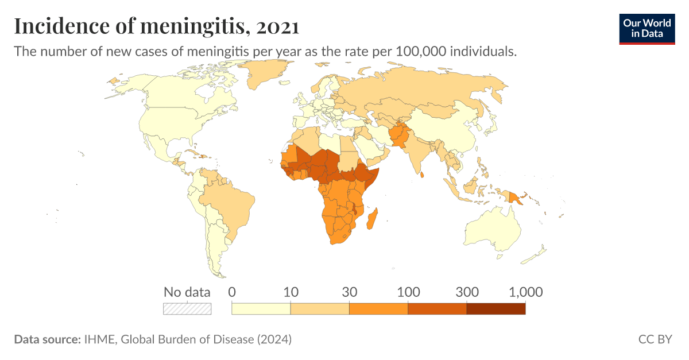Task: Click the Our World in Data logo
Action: click(647, 29)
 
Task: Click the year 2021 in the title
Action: click(278, 26)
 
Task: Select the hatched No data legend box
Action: click(187, 309)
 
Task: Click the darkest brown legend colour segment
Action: click(496, 309)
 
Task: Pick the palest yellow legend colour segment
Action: click(261, 309)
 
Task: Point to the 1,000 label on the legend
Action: click(525, 292)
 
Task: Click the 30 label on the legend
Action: click(349, 292)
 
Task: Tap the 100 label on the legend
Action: click(408, 292)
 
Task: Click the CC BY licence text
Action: click(655, 339)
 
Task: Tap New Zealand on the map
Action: click(538, 253)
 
